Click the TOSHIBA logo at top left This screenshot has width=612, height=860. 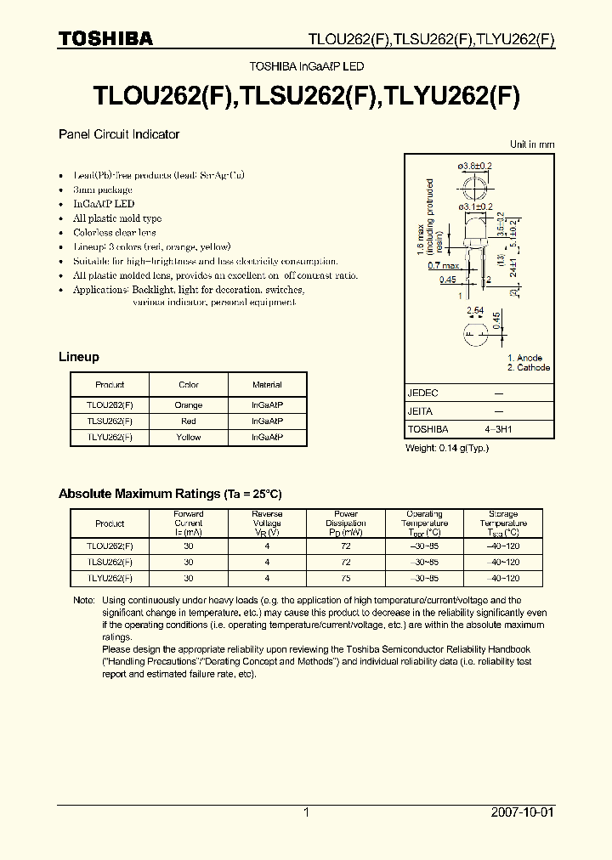(105, 38)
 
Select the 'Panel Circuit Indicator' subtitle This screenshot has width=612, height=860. (118, 134)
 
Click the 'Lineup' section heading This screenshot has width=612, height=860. (78, 357)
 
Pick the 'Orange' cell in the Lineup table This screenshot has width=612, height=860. (188, 405)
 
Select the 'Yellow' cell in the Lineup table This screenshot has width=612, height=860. (188, 437)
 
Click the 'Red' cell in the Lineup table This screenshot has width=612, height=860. (188, 421)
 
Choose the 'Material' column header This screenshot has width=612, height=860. (267, 384)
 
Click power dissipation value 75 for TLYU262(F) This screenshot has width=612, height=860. (346, 578)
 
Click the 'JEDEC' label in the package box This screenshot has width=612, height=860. (423, 393)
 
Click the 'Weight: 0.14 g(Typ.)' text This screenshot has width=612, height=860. (447, 448)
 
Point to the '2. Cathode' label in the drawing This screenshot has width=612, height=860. (529, 368)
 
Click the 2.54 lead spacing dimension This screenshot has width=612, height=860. (476, 311)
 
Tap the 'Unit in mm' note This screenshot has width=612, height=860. (532, 144)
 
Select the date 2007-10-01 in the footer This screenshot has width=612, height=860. (522, 812)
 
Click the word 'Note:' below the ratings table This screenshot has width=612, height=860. (84, 600)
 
